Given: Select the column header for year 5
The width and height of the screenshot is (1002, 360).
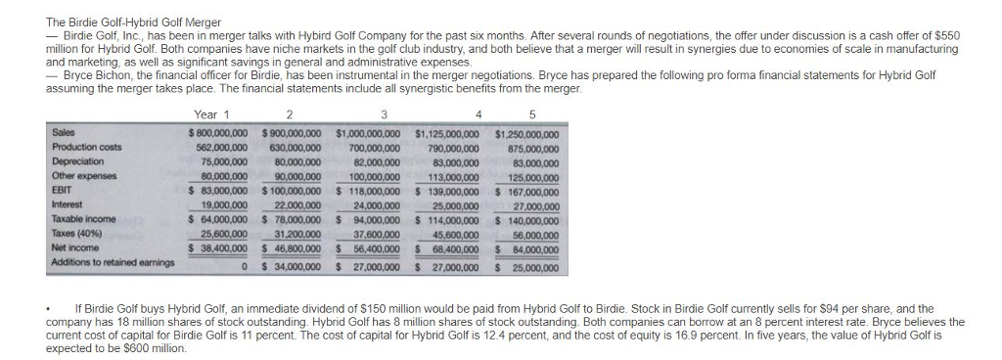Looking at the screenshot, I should tap(530, 113).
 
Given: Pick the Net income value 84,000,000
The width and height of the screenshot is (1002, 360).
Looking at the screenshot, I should tap(532, 249).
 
